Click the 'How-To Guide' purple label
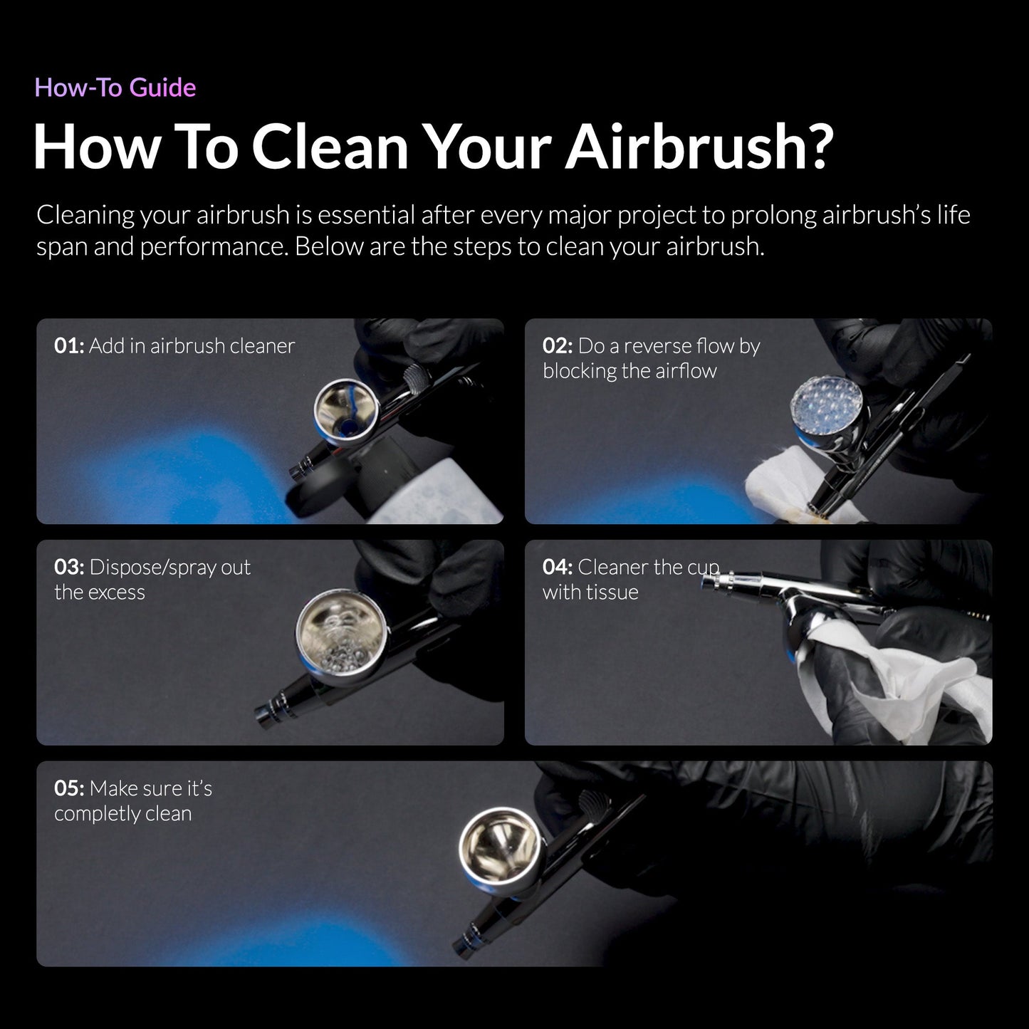[x=115, y=88]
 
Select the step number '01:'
[x=69, y=346]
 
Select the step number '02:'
[x=558, y=346]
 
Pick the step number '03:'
[x=69, y=568]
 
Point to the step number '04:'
[x=558, y=568]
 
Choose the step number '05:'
[x=69, y=789]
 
